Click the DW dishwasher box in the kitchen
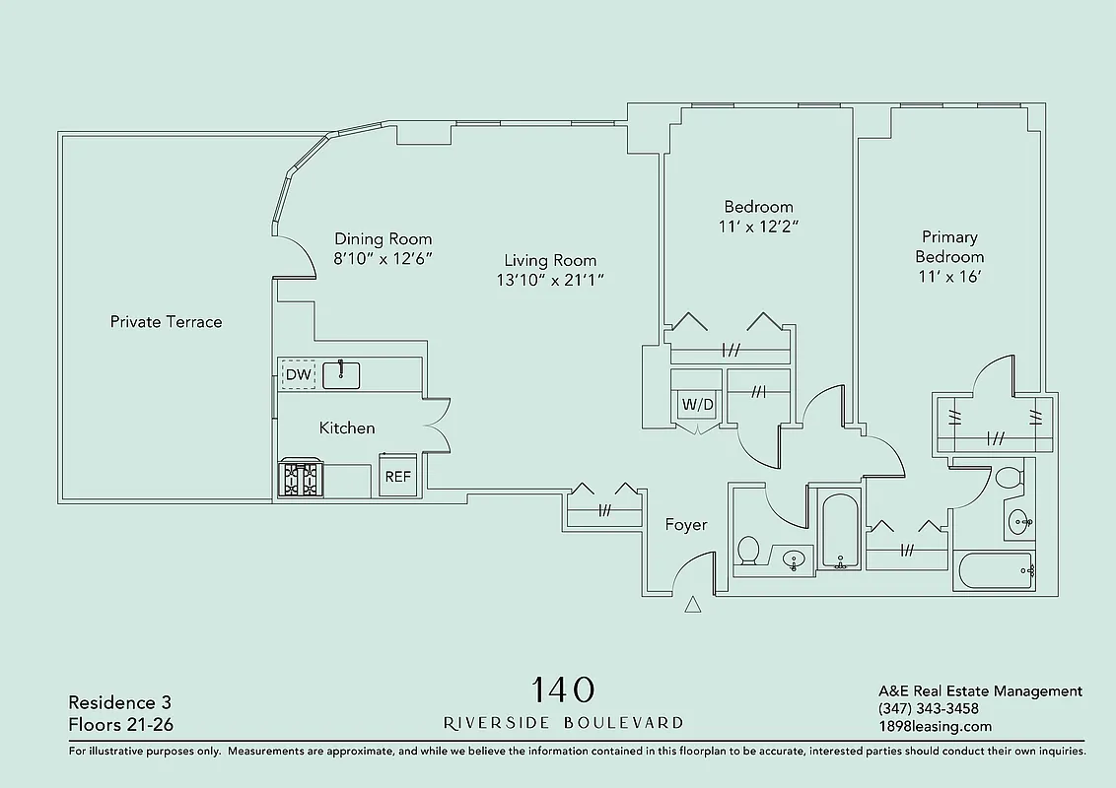298,375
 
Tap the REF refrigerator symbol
397,476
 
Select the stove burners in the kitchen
300,479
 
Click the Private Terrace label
166,322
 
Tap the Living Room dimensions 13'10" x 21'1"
550,280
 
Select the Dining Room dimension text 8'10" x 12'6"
383,258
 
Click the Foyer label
685,525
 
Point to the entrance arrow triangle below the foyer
693,606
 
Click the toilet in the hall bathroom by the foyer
748,550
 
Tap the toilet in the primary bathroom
1008,479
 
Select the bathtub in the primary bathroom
994,570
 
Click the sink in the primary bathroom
1019,521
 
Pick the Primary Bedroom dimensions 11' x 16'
949,277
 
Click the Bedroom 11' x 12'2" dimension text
758,227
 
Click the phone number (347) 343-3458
928,709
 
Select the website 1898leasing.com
935,727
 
